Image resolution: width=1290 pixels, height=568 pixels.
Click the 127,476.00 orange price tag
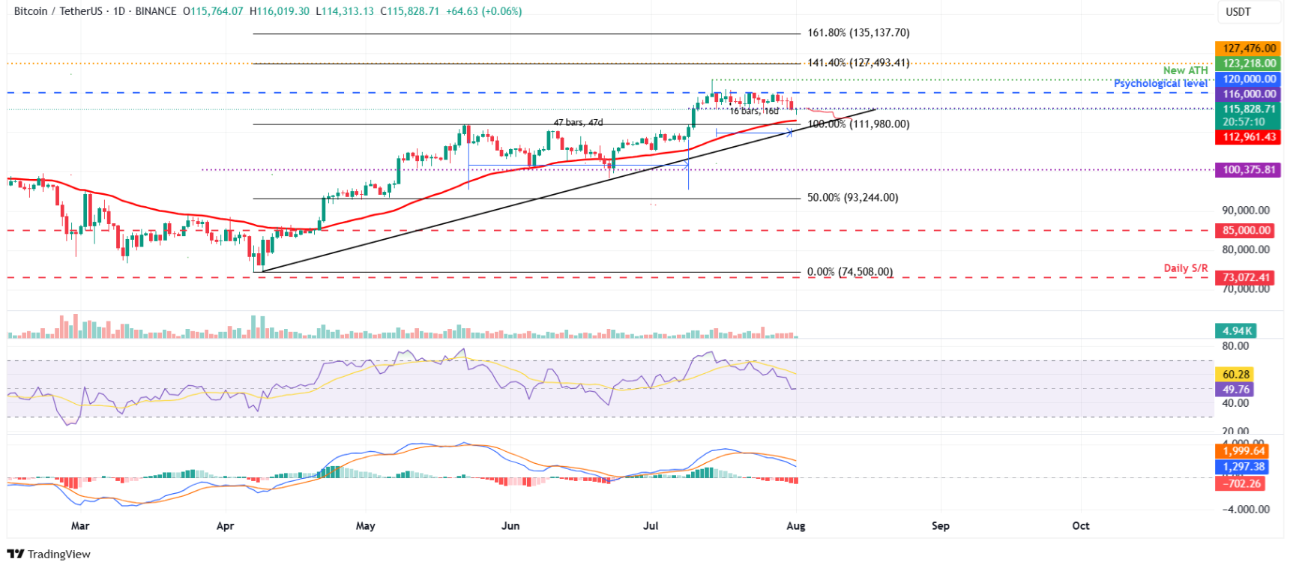(x=1248, y=49)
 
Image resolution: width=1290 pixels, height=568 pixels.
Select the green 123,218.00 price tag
(x=1248, y=64)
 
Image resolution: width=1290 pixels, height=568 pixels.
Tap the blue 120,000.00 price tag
(x=1248, y=79)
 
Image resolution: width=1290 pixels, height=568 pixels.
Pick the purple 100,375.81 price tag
(x=1248, y=170)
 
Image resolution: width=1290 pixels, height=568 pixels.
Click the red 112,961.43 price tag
(x=1248, y=137)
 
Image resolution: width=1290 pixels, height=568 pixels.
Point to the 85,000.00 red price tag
(x=1247, y=231)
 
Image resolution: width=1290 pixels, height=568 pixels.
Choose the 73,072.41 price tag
(x=1247, y=277)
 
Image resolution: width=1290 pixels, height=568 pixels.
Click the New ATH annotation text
(x=1185, y=70)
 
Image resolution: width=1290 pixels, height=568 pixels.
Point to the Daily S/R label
(x=1185, y=268)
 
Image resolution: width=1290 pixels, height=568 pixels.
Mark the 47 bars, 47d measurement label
(x=578, y=122)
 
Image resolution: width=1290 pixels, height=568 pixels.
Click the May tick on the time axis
(x=366, y=526)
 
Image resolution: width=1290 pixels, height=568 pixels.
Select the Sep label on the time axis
(x=940, y=526)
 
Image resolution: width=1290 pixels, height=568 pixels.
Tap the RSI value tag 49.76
(x=1235, y=390)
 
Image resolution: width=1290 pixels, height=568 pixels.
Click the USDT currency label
(x=1238, y=12)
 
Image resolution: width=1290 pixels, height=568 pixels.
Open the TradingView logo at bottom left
(x=49, y=555)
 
